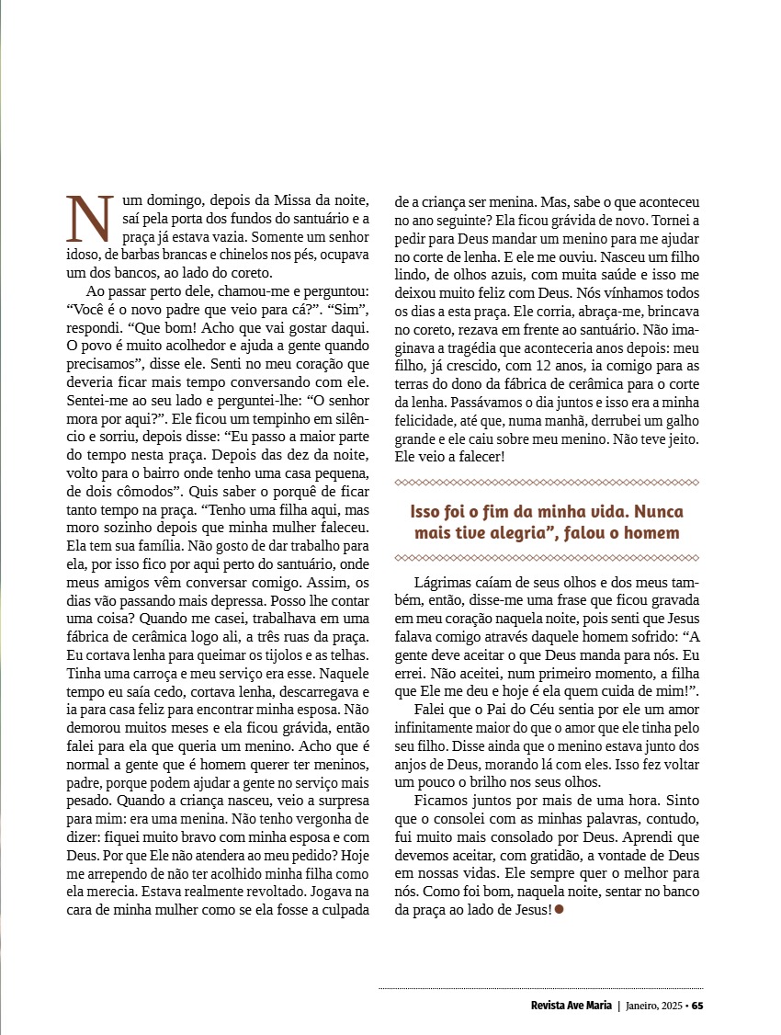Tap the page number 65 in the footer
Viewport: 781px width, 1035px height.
click(x=698, y=1004)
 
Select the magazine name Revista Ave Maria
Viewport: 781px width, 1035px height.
click(x=572, y=1004)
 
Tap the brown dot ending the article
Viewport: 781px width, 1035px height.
click(x=560, y=910)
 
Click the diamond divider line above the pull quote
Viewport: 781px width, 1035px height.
click(x=547, y=483)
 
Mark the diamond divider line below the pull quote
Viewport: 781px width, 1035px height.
click(x=547, y=558)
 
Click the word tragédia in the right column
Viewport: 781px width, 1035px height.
click(x=481, y=348)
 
